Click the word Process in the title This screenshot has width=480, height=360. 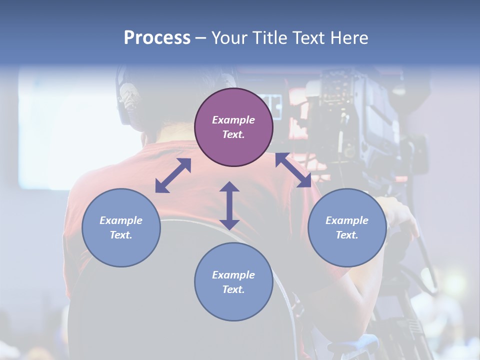(x=157, y=38)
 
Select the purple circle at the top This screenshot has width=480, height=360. (x=233, y=127)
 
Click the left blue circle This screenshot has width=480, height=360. (x=121, y=227)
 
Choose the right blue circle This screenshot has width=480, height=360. (x=346, y=227)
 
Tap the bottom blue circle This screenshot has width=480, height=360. (x=233, y=282)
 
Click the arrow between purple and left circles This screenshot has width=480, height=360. (x=173, y=175)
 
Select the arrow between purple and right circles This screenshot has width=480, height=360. (x=293, y=170)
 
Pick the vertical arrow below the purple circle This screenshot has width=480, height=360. (x=229, y=205)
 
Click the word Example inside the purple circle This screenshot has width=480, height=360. (x=233, y=120)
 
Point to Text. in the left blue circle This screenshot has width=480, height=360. (x=121, y=235)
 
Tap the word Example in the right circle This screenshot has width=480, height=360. (x=346, y=220)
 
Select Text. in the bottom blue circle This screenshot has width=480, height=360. (x=233, y=289)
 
